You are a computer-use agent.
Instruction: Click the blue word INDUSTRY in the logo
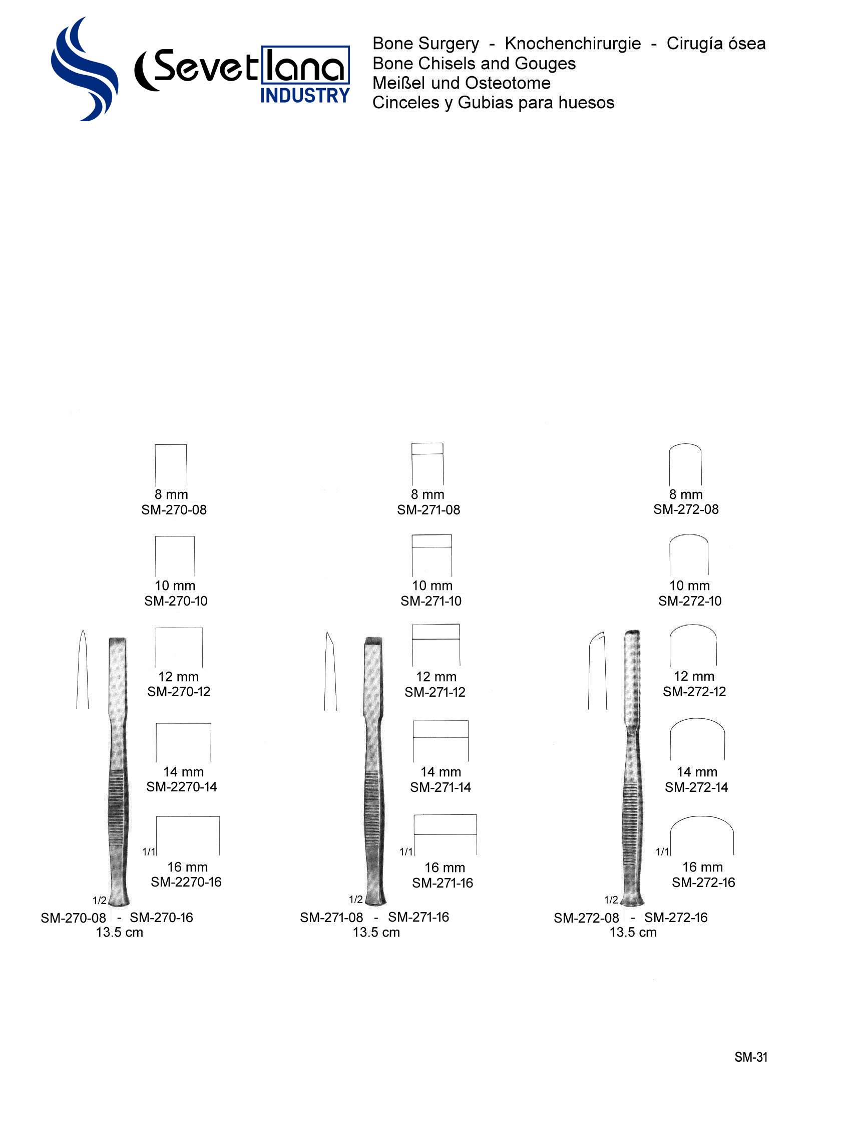click(x=305, y=96)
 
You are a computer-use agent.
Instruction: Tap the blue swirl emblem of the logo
click(x=85, y=69)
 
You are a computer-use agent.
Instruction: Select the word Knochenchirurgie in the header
click(x=573, y=44)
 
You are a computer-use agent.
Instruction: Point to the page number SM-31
click(x=751, y=1057)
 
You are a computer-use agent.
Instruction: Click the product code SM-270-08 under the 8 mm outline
click(x=174, y=510)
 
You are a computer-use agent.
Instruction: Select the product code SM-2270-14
click(x=182, y=786)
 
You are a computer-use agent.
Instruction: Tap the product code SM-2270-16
click(x=186, y=882)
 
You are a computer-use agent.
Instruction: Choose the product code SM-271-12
click(x=436, y=692)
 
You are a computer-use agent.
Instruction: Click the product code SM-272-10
click(x=690, y=601)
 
